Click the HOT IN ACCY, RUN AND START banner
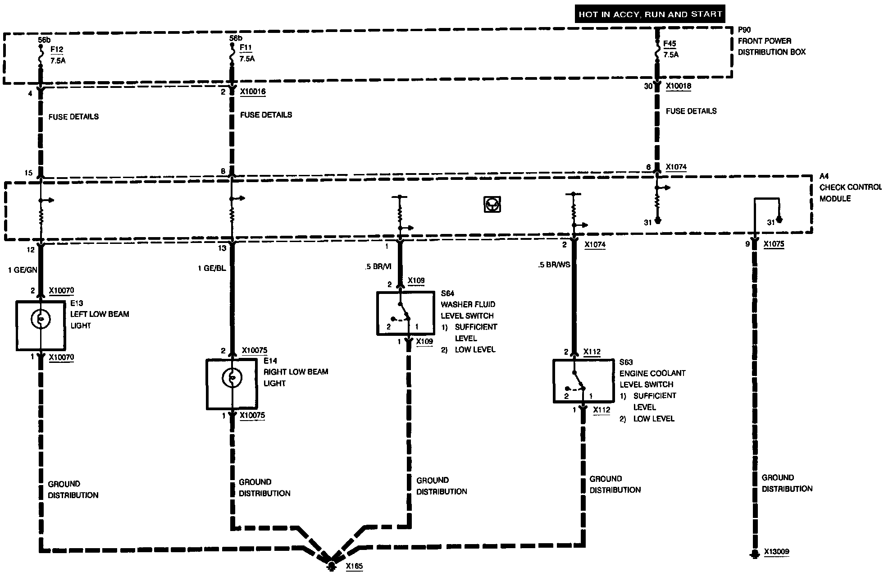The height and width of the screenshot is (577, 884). click(650, 14)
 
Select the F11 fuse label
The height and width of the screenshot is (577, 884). click(246, 47)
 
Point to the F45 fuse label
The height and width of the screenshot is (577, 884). click(670, 44)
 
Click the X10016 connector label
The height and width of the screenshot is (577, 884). click(252, 92)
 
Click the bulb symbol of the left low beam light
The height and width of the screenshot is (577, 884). click(41, 320)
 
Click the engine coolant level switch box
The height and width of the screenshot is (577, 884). click(583, 381)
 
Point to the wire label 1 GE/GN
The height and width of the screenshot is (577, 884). click(23, 270)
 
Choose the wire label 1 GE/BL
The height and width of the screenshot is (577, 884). click(212, 268)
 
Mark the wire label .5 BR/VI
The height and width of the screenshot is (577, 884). click(378, 266)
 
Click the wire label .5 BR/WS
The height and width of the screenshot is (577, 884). click(554, 265)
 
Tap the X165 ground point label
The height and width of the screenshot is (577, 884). click(354, 566)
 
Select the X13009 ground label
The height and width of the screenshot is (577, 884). click(776, 551)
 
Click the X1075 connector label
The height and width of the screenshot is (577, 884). click(774, 244)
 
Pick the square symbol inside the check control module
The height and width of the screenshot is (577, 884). click(492, 204)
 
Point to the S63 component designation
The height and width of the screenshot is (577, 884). click(626, 362)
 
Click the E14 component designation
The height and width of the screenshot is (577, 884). click(270, 361)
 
